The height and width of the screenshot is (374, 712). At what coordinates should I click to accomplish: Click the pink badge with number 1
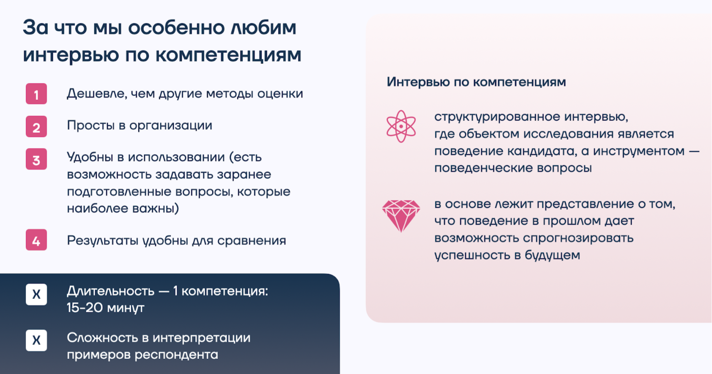point(36,94)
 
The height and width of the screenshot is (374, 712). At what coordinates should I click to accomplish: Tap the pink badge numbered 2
point(36,126)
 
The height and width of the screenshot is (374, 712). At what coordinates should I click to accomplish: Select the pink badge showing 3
point(36,159)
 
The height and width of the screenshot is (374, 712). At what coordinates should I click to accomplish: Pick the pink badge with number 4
point(36,240)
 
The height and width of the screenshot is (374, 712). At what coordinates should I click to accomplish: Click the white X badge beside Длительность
point(36,295)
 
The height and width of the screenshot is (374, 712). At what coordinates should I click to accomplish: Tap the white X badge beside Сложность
point(36,341)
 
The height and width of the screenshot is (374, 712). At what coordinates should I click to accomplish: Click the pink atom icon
point(401,126)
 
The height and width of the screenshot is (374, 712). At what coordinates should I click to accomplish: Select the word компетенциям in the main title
point(229,56)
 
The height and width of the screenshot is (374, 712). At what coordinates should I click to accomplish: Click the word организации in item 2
point(171,126)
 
